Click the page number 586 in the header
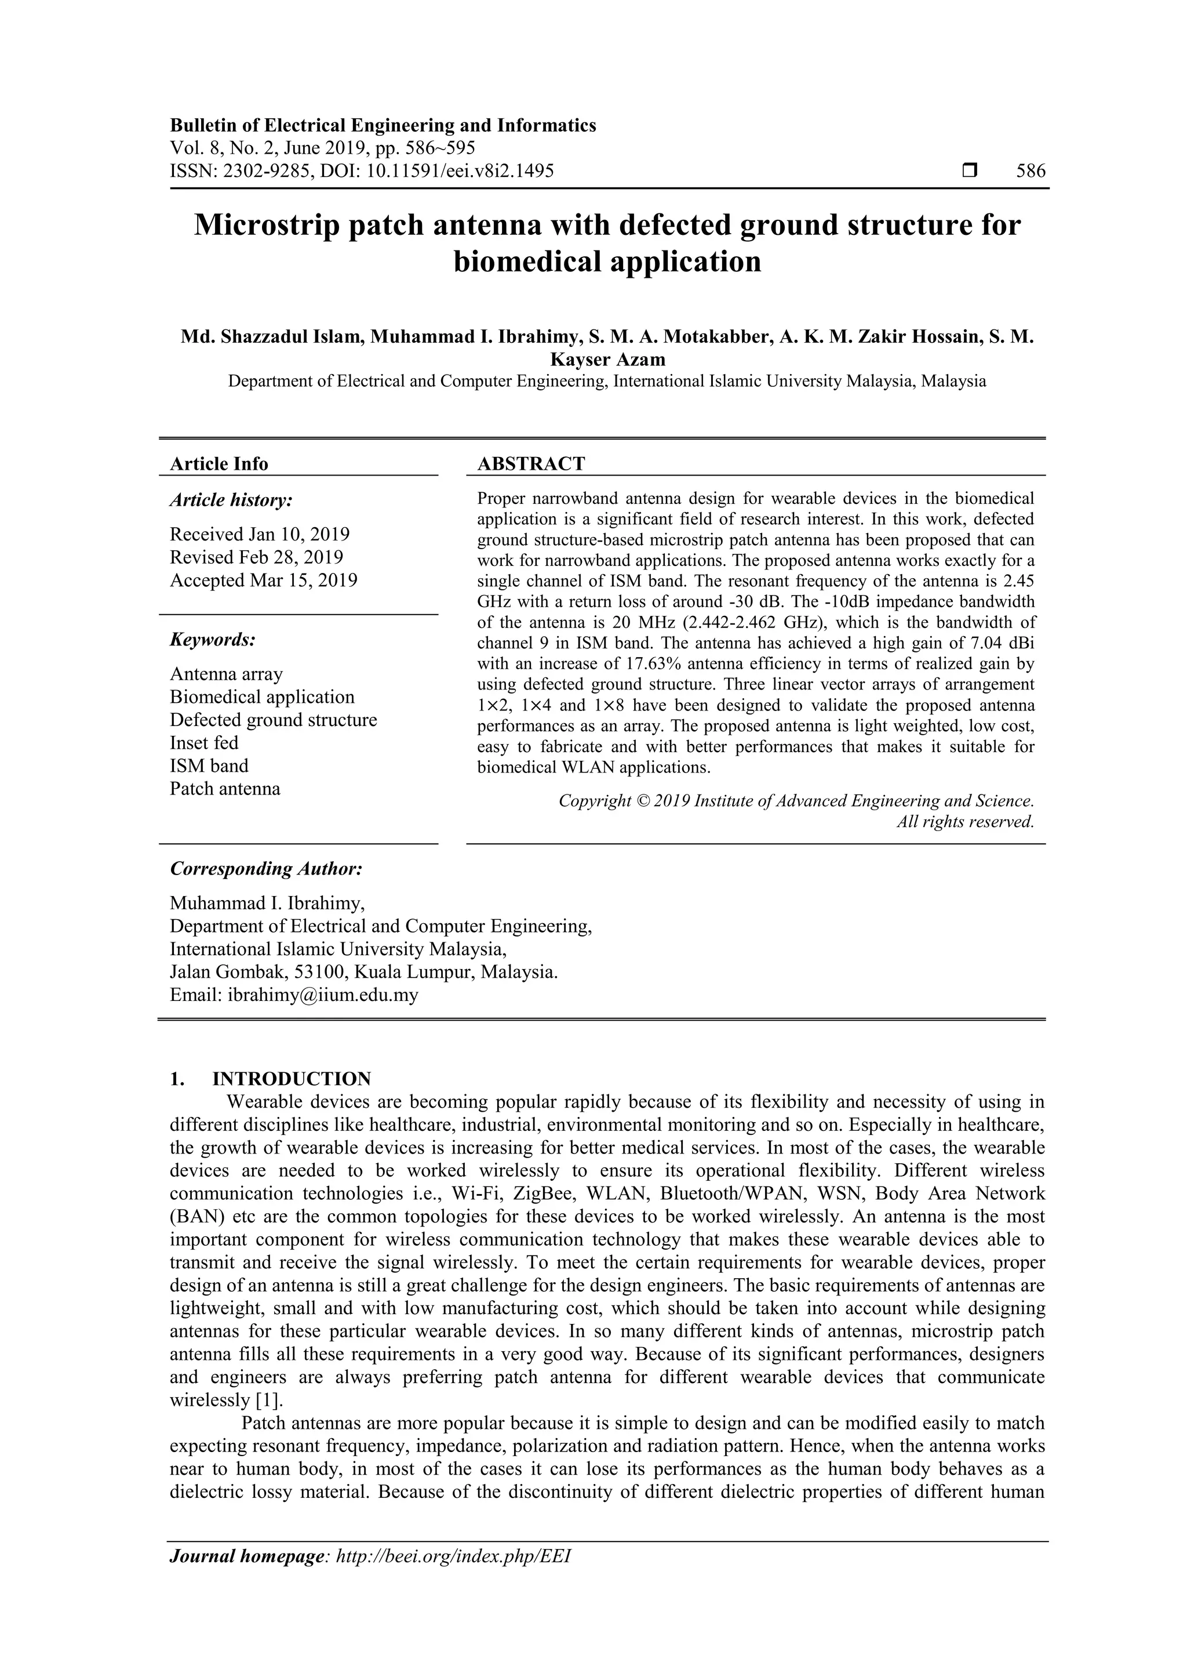click(1031, 171)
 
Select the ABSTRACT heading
click(531, 464)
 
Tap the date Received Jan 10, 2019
click(260, 534)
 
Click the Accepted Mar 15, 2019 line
click(263, 580)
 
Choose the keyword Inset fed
click(204, 743)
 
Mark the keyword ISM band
click(209, 766)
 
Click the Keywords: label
click(213, 640)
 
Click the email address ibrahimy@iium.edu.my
click(322, 995)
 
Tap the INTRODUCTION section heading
click(291, 1079)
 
